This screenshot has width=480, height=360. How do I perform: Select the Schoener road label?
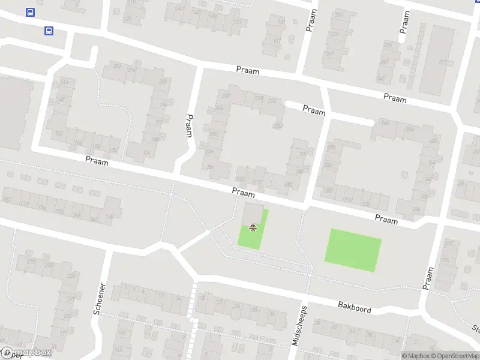(100, 298)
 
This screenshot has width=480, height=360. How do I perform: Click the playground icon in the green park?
(253, 227)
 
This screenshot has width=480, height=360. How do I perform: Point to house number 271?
(443, 62)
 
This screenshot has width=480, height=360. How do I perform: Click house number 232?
(226, 96)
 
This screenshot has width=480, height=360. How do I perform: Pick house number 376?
(445, 260)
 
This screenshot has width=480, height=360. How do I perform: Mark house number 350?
(433, 141)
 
